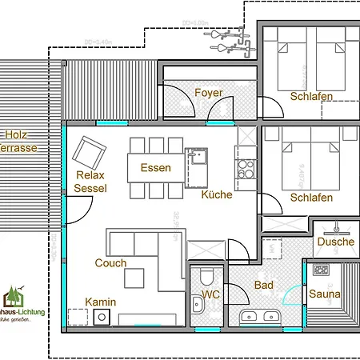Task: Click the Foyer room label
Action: coord(209,93)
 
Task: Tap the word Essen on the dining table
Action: coord(155,168)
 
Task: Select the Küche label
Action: coord(217,194)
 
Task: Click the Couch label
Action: coord(110,262)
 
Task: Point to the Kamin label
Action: coord(102,302)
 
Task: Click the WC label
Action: coord(210,295)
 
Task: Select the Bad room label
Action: coord(264,285)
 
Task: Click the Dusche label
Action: coord(335,242)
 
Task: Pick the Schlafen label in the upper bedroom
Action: coord(312,97)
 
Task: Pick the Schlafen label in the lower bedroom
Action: coord(312,198)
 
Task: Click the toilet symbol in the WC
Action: coord(206,277)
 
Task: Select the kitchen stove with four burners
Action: coord(244,168)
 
